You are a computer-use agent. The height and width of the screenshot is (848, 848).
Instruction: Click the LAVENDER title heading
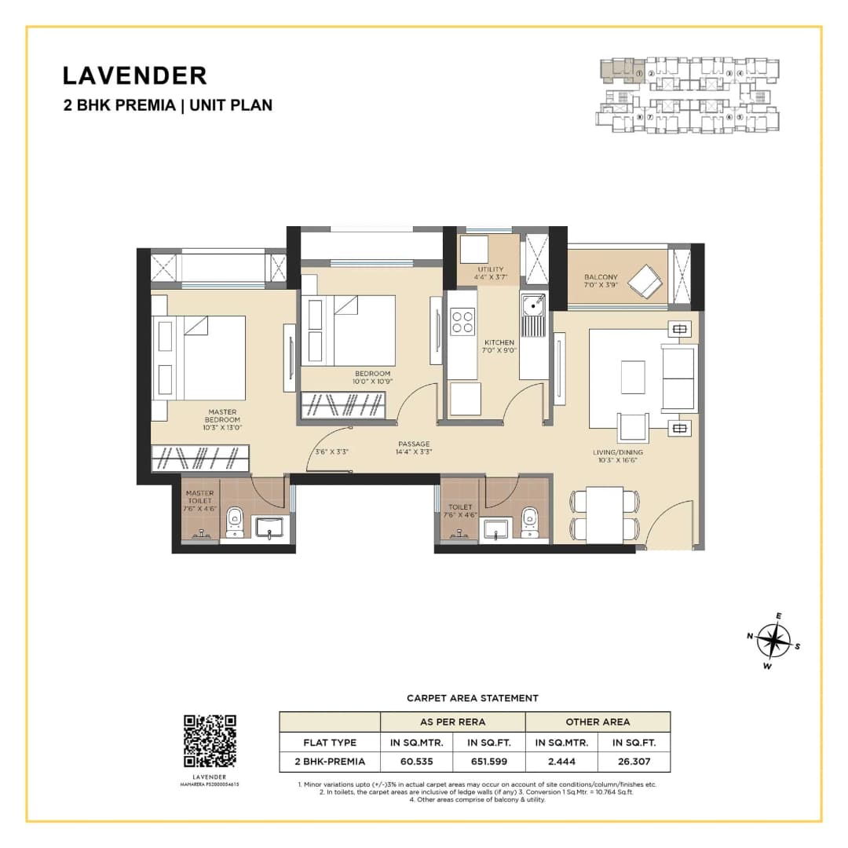(134, 75)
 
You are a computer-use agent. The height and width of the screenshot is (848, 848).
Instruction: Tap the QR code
(210, 740)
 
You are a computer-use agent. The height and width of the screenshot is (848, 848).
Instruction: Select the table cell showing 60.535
(416, 761)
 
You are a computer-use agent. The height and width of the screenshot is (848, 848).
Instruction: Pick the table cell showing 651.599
(488, 761)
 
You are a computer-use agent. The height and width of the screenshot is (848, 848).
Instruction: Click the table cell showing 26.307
(634, 761)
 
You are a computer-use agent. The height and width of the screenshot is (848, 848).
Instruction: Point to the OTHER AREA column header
(598, 722)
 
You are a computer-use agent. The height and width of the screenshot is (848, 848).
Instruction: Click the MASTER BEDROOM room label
(223, 416)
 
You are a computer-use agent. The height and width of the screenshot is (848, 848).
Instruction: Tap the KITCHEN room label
(499, 342)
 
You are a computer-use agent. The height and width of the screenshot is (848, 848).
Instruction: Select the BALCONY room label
(601, 277)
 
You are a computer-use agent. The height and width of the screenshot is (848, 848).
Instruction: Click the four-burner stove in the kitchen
(463, 322)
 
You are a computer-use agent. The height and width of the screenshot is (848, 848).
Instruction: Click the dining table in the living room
(605, 514)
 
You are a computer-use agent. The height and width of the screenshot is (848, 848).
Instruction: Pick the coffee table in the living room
(632, 377)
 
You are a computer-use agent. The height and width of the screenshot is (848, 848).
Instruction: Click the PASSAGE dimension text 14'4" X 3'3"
(413, 452)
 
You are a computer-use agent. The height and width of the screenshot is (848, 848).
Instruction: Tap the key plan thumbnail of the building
(689, 96)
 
